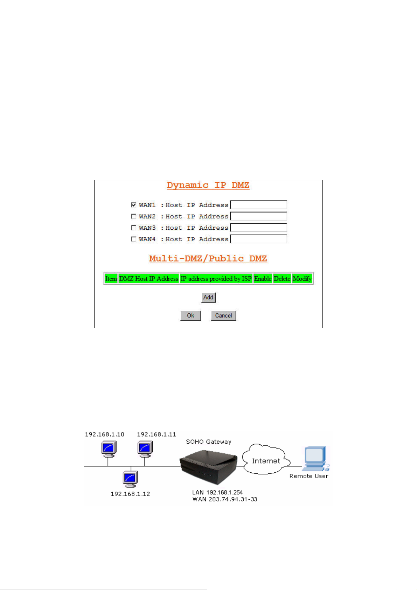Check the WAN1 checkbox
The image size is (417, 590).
tap(133, 204)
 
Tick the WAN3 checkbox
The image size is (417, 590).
tap(133, 228)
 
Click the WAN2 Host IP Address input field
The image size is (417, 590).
tap(258, 216)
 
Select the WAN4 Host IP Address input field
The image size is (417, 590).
tap(258, 239)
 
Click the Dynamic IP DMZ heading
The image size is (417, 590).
tap(208, 185)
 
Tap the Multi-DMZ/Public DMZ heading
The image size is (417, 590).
tap(208, 258)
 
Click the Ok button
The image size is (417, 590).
tap(190, 315)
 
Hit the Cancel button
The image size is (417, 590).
tap(223, 315)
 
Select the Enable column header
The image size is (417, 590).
tap(263, 278)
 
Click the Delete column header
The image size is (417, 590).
tap(282, 278)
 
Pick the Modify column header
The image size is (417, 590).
tap(302, 278)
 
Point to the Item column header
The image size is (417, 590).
tap(111, 278)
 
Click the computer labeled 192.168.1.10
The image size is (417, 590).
tap(109, 450)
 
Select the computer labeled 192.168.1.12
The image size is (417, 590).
tap(130, 479)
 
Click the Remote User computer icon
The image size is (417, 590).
tap(315, 459)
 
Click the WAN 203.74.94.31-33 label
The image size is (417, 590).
tap(225, 499)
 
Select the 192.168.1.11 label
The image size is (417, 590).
tap(157, 434)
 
